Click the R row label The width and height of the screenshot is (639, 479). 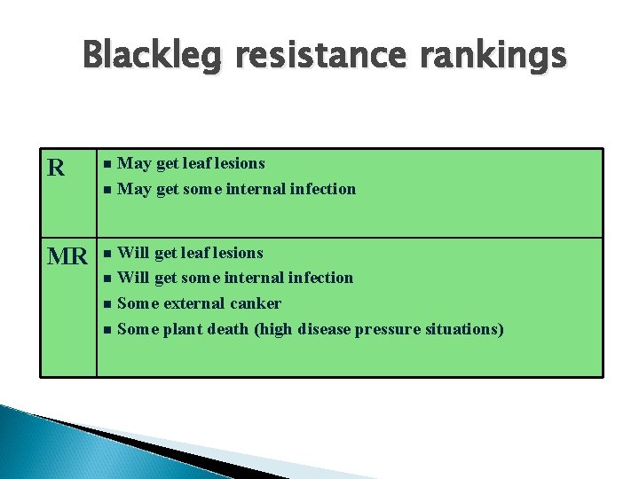coord(55,168)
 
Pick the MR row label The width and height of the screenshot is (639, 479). coord(67,257)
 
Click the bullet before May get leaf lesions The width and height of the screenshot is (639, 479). coord(106,164)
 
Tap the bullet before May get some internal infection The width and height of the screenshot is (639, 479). coord(106,190)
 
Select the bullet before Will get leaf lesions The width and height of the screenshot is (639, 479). coord(106,254)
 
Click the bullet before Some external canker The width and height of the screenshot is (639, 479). coord(106,304)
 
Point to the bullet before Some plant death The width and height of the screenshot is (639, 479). coord(106,330)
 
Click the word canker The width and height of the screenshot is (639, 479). coord(257,303)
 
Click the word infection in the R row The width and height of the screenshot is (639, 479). coord(323,189)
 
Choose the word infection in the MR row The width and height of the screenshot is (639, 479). coord(321,278)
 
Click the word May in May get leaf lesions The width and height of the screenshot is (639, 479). coord(134,163)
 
